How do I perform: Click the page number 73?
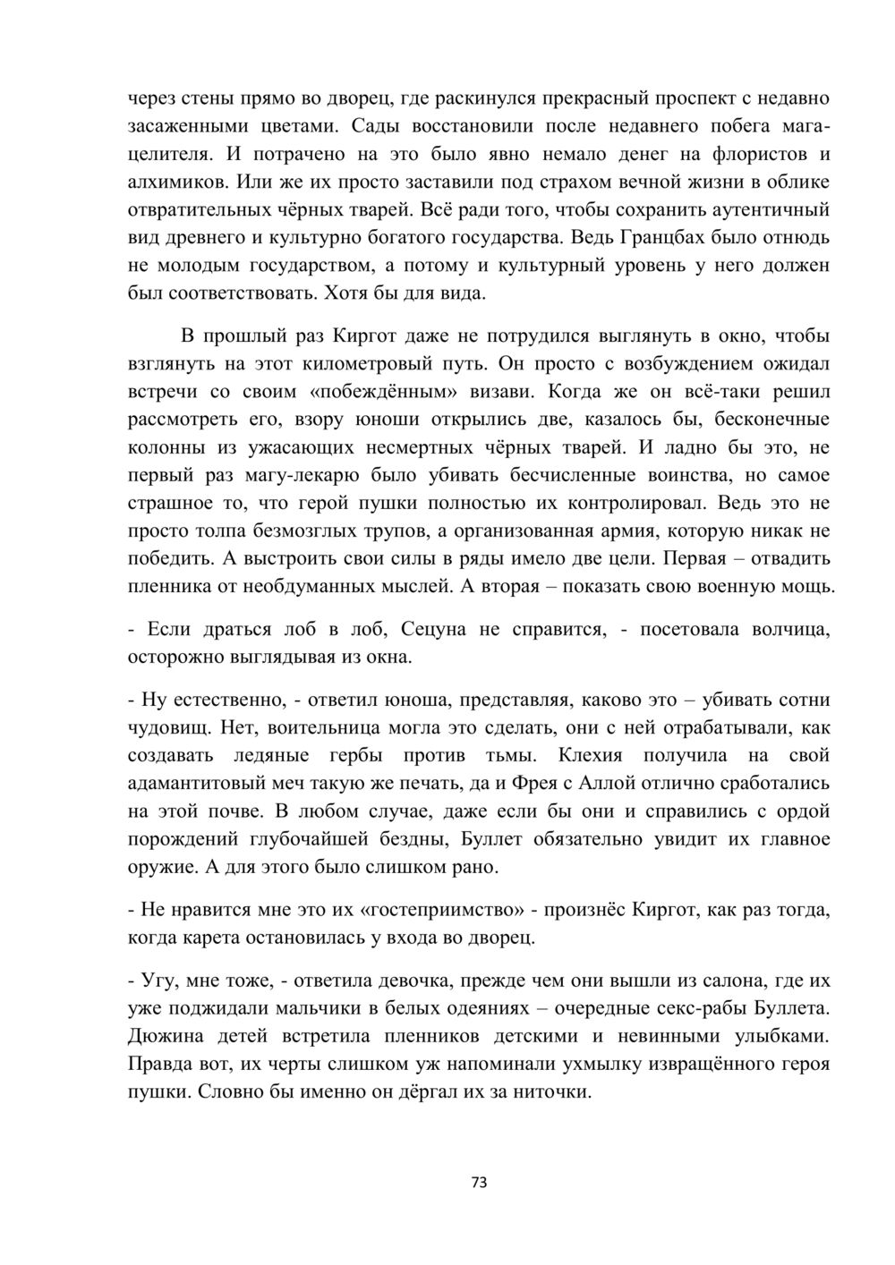click(479, 1183)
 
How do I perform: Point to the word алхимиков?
click(178, 182)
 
